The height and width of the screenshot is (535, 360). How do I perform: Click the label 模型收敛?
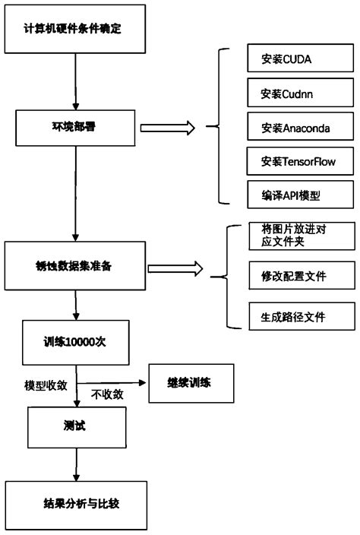tap(46, 385)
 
